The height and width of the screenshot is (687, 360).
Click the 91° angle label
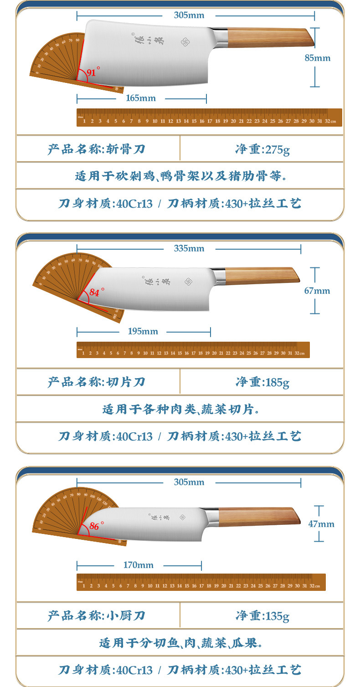click(x=93, y=72)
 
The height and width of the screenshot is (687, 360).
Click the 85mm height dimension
click(x=318, y=58)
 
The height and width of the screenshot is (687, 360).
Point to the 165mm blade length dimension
click(x=141, y=98)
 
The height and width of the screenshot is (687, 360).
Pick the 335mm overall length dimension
click(x=189, y=248)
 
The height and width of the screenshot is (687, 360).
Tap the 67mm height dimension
click(x=317, y=291)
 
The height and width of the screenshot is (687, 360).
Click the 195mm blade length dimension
click(x=143, y=331)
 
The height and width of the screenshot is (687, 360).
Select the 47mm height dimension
click(x=321, y=524)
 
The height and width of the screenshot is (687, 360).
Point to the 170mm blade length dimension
click(x=139, y=565)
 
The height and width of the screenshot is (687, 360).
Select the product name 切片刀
click(x=126, y=382)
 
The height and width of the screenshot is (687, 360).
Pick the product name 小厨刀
click(x=126, y=616)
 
